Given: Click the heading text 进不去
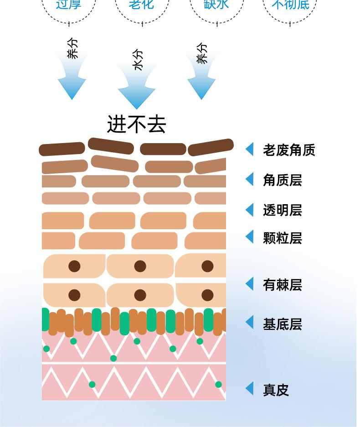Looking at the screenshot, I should pyautogui.click(x=136, y=124).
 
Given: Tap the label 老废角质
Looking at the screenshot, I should pyautogui.click(x=289, y=150).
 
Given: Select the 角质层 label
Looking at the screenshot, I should pyautogui.click(x=282, y=180).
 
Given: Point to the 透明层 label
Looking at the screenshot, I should pyautogui.click(x=282, y=210).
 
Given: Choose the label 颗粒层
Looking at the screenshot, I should pyautogui.click(x=282, y=238).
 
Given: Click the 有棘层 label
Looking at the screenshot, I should pyautogui.click(x=282, y=285).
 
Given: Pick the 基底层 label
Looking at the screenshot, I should pyautogui.click(x=282, y=324).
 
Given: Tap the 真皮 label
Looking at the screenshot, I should pyautogui.click(x=276, y=390).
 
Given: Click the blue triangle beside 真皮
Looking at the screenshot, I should pyautogui.click(x=249, y=389).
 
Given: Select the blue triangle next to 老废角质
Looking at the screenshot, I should pyautogui.click(x=249, y=149).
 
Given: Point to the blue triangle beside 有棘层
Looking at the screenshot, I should pyautogui.click(x=249, y=283).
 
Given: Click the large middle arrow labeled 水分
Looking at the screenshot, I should pyautogui.click(x=137, y=87).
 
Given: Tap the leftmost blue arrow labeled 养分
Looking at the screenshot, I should pyautogui.click(x=72, y=77).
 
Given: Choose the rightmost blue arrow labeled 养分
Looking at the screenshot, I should pyautogui.click(x=201, y=77).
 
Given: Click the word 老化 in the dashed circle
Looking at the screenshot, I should pyautogui.click(x=141, y=5).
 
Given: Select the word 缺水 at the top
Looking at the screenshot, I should pyautogui.click(x=216, y=5).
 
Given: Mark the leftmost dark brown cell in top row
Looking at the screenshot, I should pyautogui.click(x=62, y=149).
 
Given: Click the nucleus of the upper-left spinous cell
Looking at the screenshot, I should pyautogui.click(x=74, y=266).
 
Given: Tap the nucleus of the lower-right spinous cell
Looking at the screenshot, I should pyautogui.click(x=207, y=295).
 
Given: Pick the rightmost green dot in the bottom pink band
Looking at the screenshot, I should pyautogui.click(x=218, y=385).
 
